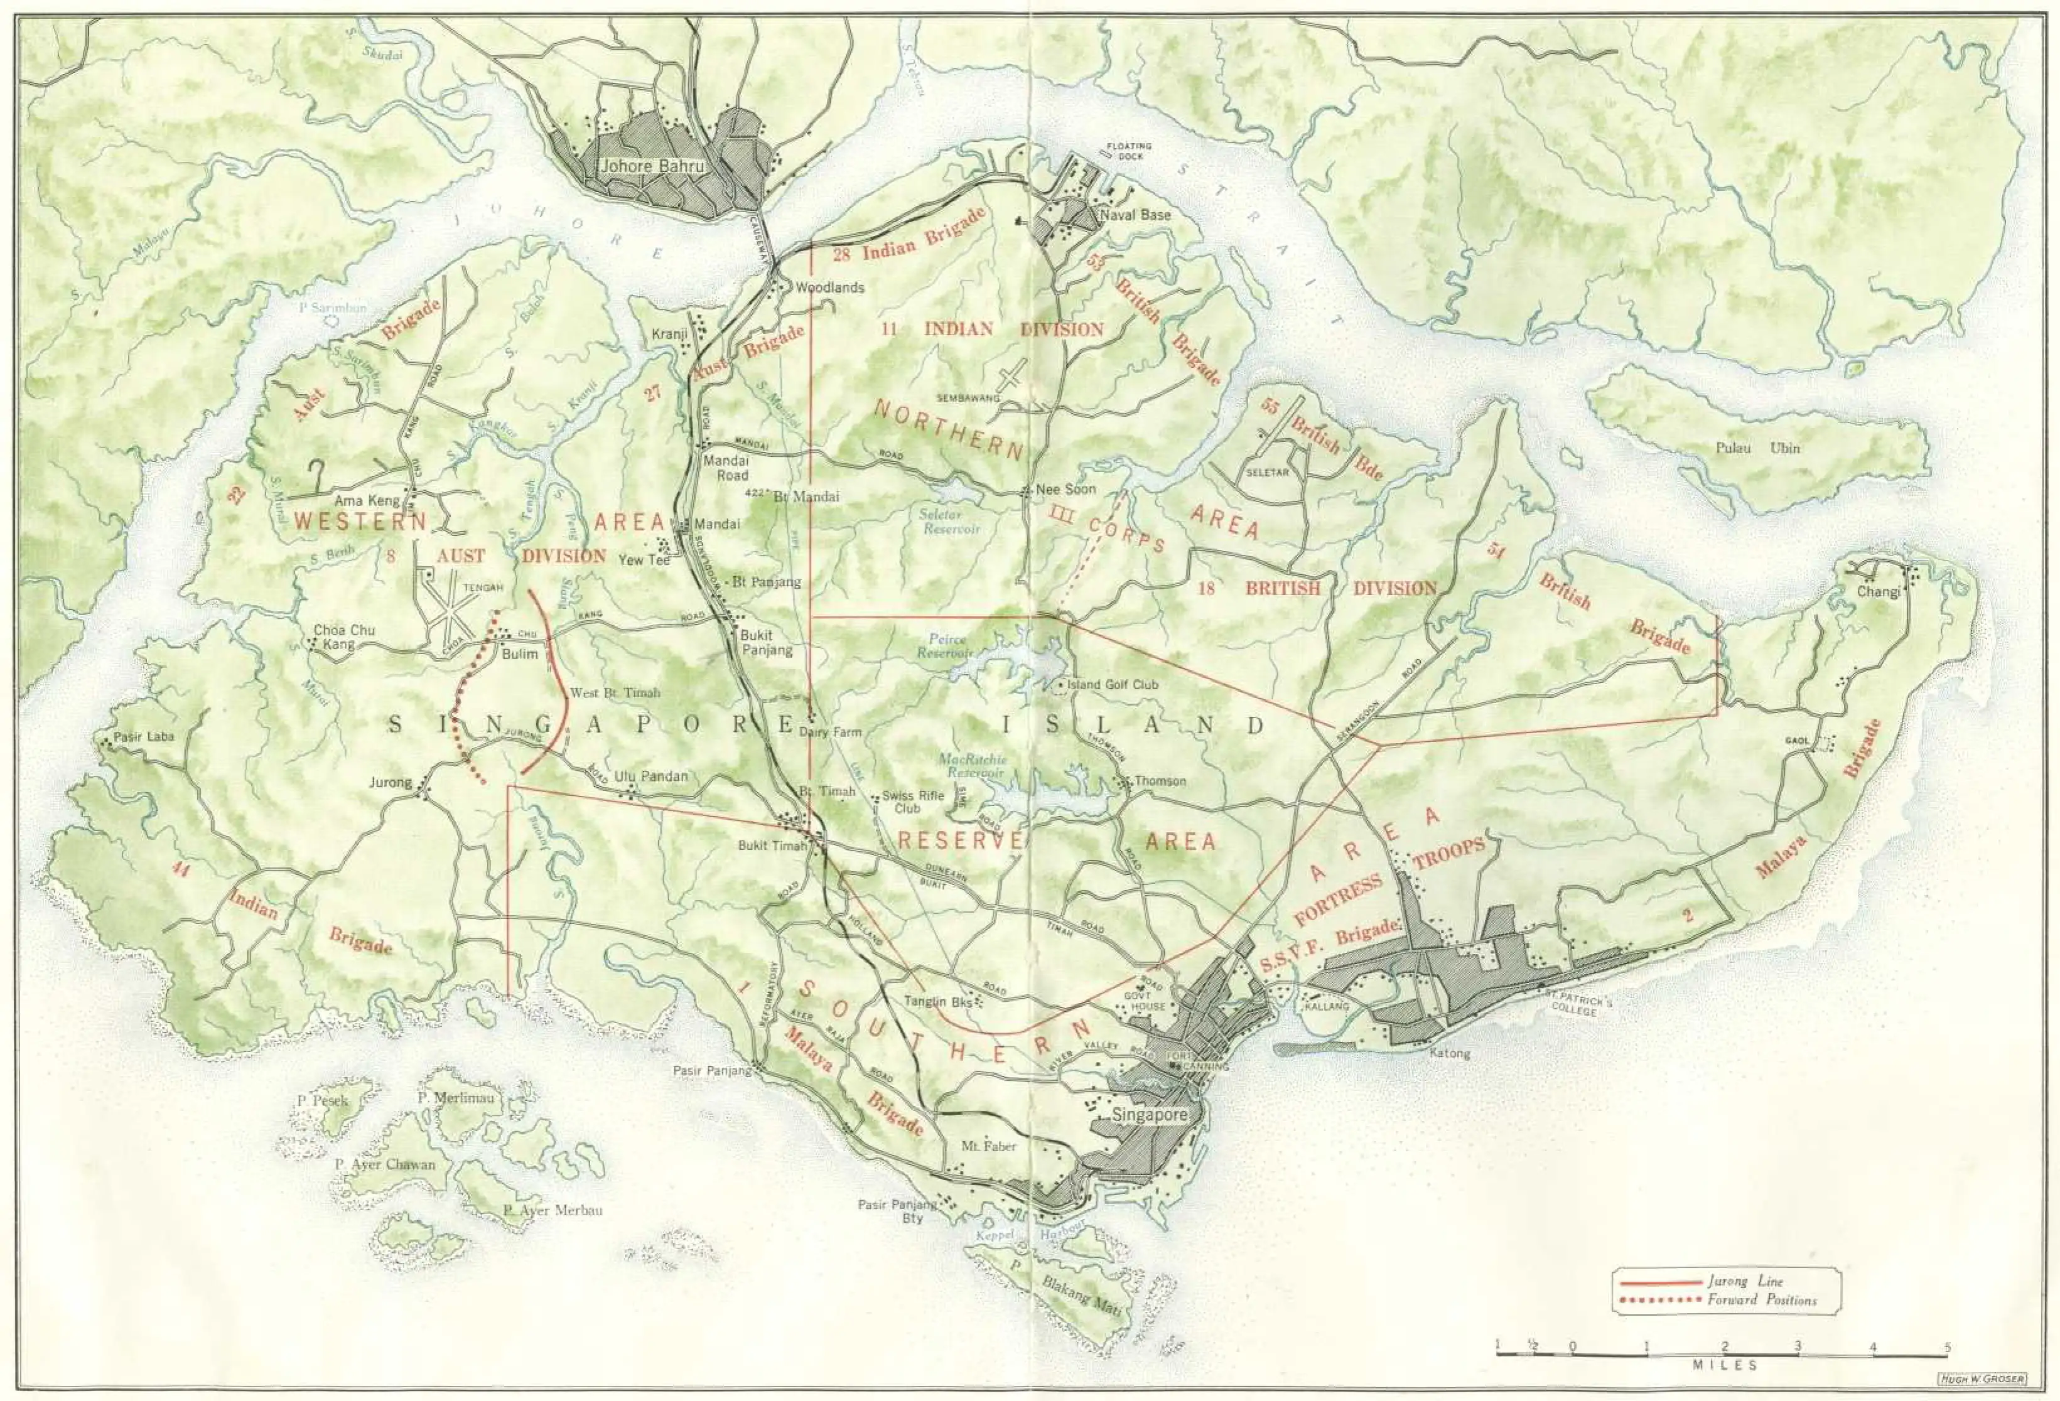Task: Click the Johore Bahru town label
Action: pyautogui.click(x=652, y=166)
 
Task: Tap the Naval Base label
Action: pyautogui.click(x=1136, y=215)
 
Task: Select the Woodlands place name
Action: pyautogui.click(x=829, y=288)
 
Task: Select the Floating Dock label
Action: pyautogui.click(x=1130, y=151)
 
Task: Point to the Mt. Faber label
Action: pyautogui.click(x=988, y=1146)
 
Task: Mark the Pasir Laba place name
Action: pyautogui.click(x=144, y=736)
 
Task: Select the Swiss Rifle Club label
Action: pyautogui.click(x=912, y=801)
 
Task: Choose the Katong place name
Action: pyautogui.click(x=1449, y=1054)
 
